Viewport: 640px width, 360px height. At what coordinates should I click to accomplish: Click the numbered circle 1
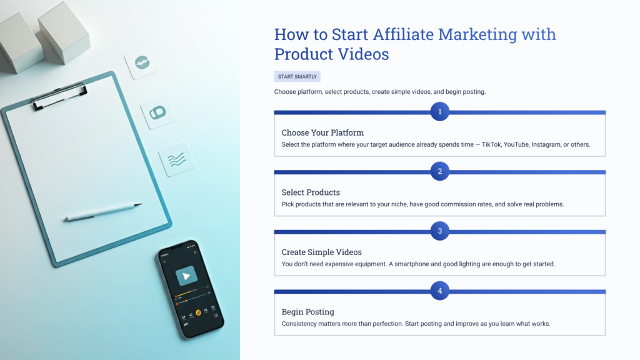(x=440, y=112)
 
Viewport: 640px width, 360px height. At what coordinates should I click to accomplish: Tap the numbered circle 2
(x=440, y=171)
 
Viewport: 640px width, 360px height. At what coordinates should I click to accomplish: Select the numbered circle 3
(x=440, y=231)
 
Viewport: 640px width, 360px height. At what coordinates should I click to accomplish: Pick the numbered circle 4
(x=440, y=291)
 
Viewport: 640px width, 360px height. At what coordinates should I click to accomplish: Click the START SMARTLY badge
(x=297, y=77)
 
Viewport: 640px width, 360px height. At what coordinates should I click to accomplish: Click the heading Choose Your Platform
(x=322, y=132)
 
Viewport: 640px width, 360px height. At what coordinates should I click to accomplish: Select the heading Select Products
(x=311, y=192)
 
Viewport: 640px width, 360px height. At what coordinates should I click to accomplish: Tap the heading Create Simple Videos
(x=321, y=252)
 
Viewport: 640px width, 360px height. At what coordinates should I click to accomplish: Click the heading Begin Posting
(x=307, y=312)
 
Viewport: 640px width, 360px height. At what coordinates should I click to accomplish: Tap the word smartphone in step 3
(x=420, y=264)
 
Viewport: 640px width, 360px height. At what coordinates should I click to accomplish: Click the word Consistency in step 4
(x=302, y=324)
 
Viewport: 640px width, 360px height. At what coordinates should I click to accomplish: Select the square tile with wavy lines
(x=177, y=159)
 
